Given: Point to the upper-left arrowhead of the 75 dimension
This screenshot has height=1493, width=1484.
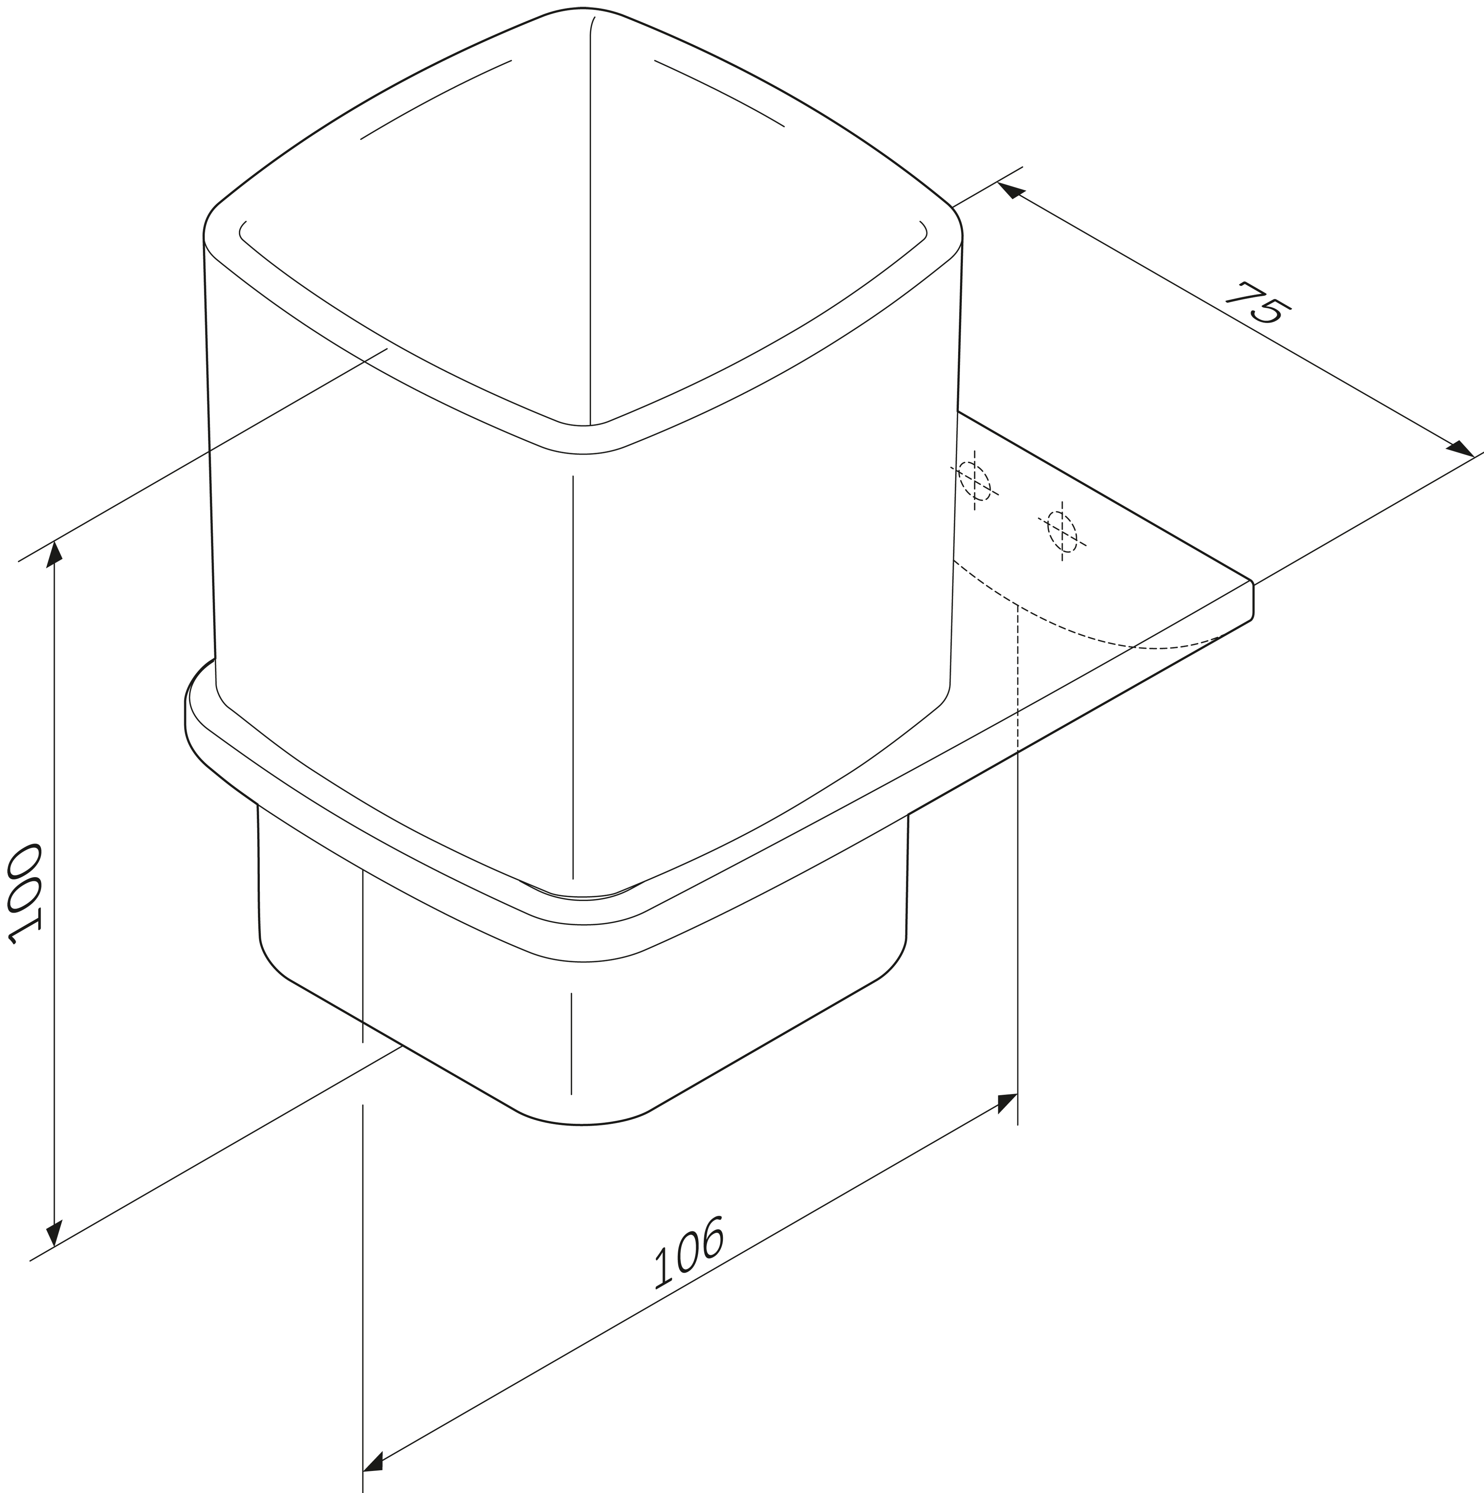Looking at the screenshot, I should tap(1010, 190).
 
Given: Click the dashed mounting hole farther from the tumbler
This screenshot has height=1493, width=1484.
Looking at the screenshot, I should tap(1062, 532).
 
